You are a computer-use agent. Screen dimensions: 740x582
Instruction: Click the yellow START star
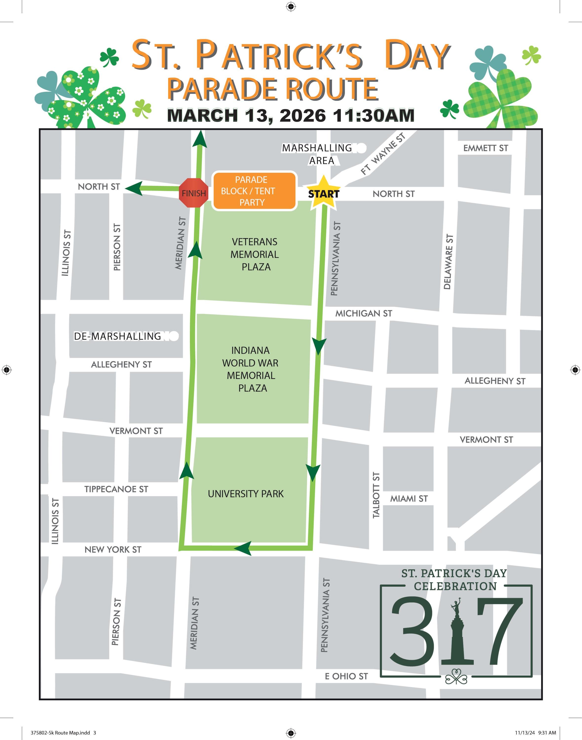(323, 193)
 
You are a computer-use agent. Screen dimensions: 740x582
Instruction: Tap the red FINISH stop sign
(193, 193)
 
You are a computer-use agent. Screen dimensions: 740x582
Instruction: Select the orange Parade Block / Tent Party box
(254, 191)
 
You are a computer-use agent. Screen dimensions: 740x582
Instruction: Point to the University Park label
(246, 494)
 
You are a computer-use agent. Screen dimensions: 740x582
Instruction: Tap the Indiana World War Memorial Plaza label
(251, 369)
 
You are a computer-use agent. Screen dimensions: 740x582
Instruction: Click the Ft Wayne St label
(383, 154)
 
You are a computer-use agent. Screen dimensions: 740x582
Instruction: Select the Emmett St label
(485, 148)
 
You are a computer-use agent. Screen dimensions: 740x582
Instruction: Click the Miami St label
(409, 499)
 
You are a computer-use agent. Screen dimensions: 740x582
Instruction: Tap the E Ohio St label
(346, 676)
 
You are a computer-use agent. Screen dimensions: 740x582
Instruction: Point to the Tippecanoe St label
(116, 489)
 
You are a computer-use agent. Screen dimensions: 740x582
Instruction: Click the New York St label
(113, 550)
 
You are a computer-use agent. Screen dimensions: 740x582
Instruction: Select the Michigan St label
(364, 314)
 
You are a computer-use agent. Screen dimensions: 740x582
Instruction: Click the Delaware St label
(449, 262)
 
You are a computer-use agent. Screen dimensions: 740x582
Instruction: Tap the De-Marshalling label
(117, 336)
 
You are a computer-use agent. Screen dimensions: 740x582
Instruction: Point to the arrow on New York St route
(243, 548)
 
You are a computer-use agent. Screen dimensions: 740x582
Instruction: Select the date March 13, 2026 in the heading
(247, 115)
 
